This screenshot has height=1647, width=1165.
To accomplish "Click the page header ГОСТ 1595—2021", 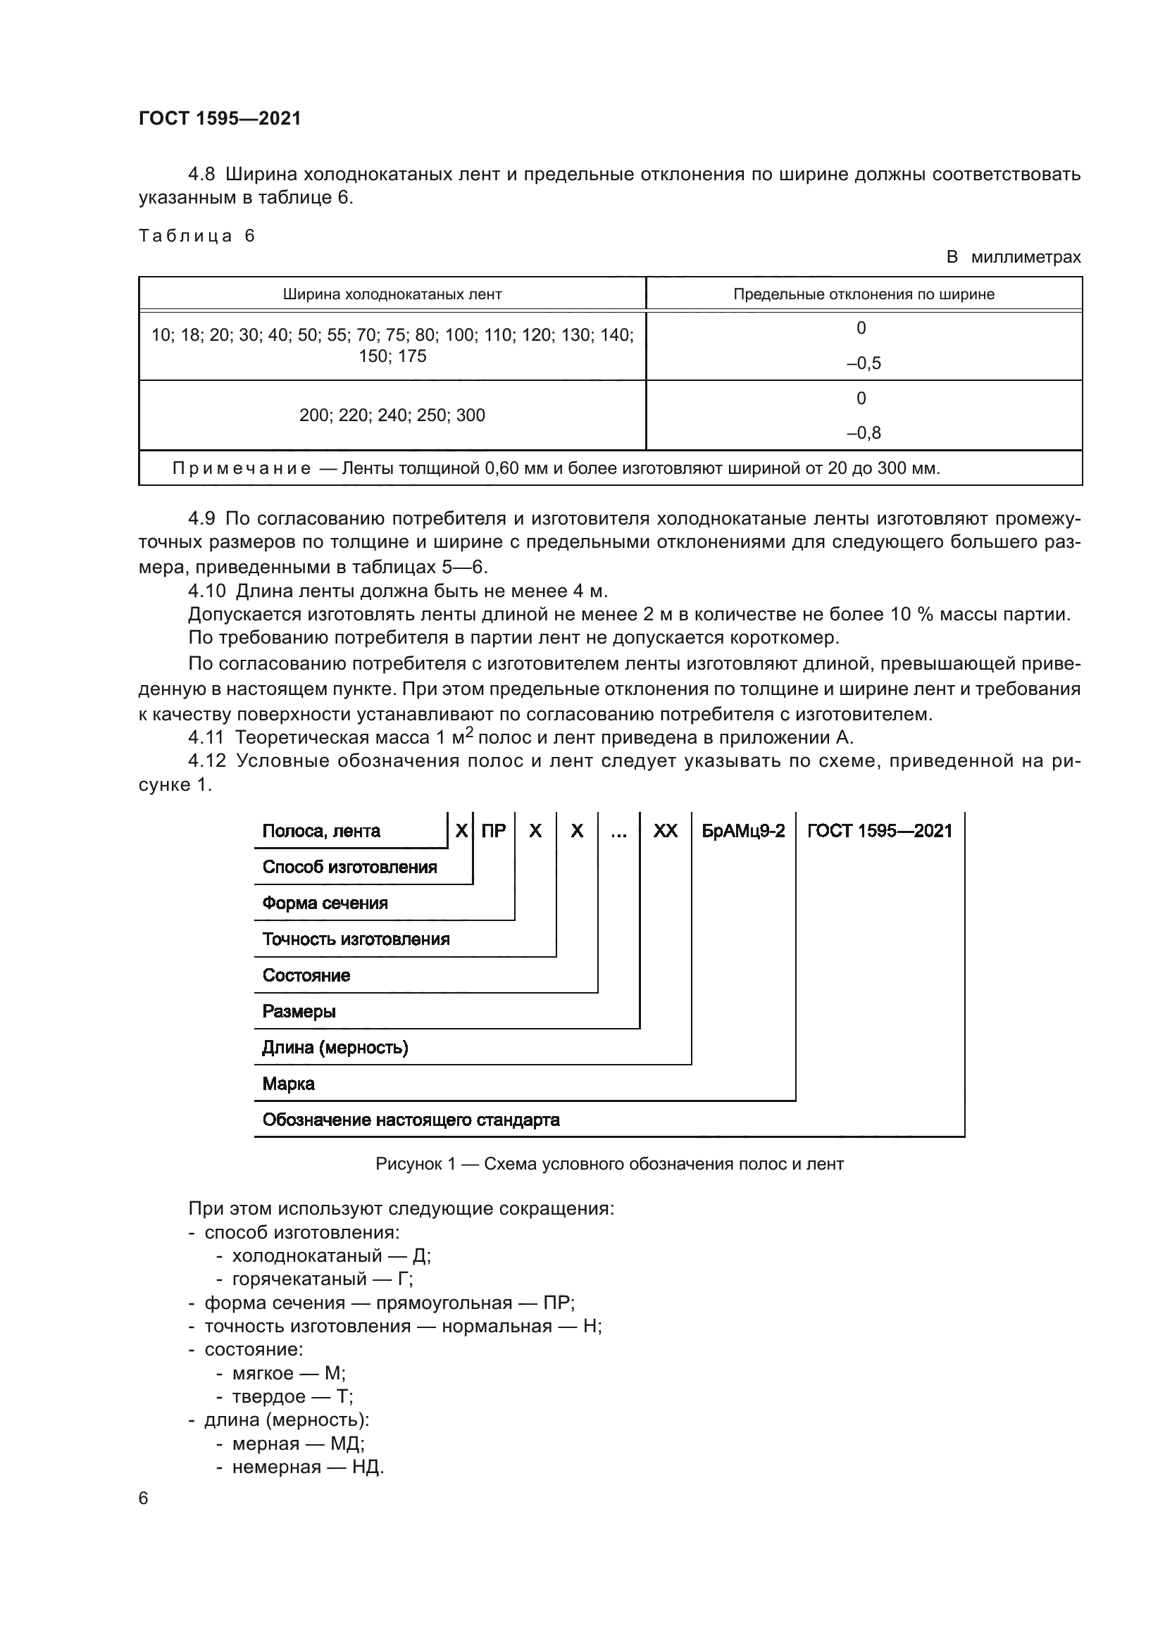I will pyautogui.click(x=220, y=118).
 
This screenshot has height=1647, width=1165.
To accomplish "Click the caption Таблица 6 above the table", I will pyautogui.click(x=197, y=236).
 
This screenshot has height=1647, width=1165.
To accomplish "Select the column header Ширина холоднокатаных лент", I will pyautogui.click(x=392, y=294).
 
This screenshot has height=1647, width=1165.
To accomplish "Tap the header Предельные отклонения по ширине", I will pyautogui.click(x=864, y=294).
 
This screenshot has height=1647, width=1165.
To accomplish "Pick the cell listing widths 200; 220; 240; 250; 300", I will pyautogui.click(x=392, y=415).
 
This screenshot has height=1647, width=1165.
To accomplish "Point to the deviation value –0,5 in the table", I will pyautogui.click(x=863, y=363).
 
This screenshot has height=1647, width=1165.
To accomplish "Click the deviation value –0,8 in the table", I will pyautogui.click(x=863, y=433).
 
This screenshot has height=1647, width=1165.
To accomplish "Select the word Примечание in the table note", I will pyautogui.click(x=242, y=469).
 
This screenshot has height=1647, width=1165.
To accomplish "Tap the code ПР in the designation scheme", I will pyautogui.click(x=494, y=831).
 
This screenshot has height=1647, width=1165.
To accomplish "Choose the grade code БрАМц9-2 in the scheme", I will pyautogui.click(x=743, y=831).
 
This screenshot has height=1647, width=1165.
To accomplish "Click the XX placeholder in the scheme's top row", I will pyautogui.click(x=665, y=831).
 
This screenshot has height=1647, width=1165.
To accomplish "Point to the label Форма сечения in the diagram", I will pyautogui.click(x=325, y=903).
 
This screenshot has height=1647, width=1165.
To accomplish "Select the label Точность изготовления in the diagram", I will pyautogui.click(x=356, y=939).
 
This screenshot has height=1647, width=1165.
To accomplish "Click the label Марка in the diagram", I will pyautogui.click(x=288, y=1084).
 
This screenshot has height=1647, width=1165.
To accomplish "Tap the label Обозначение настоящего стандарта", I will pyautogui.click(x=411, y=1120).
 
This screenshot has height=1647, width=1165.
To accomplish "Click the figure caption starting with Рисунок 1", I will pyautogui.click(x=609, y=1163).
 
